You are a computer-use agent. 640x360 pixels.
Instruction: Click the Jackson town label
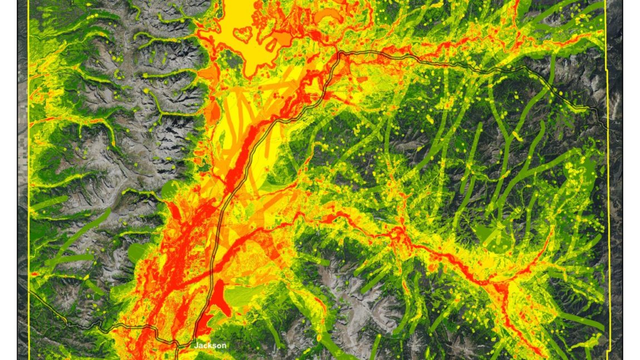tap(210, 346)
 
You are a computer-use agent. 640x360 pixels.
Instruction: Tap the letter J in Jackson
tap(196, 346)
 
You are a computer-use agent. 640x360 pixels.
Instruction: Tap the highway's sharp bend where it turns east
tap(339, 53)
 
